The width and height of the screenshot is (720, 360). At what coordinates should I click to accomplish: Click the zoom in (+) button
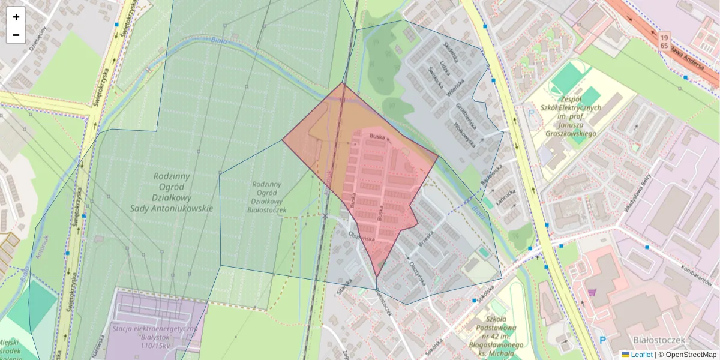click(16, 17)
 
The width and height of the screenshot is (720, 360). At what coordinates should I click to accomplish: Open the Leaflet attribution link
click(641, 355)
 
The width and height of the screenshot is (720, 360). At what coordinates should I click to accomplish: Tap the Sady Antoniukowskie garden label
click(172, 192)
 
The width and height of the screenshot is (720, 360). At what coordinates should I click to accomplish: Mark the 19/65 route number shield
click(664, 41)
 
